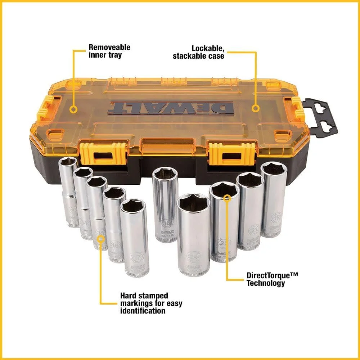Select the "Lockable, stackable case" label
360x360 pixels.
198,52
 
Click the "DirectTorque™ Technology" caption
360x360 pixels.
272,279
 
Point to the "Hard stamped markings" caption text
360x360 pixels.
151,303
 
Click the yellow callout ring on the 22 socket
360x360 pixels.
226,198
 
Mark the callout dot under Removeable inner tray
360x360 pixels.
73,109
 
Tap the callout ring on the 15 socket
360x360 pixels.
101,238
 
